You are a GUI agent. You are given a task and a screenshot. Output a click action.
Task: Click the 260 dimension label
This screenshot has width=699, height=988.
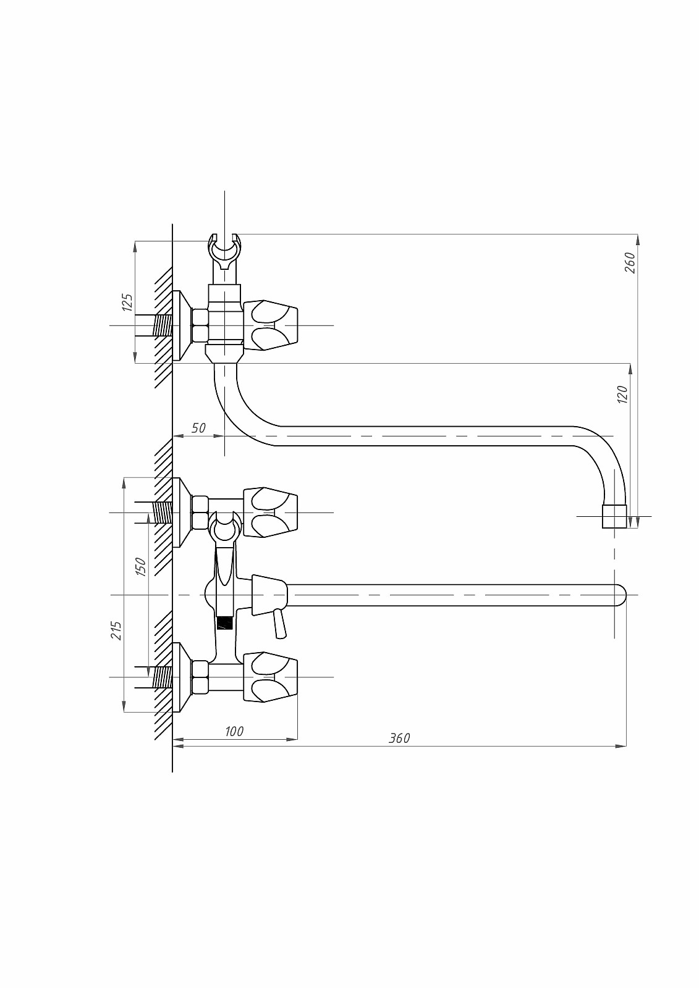[630, 262]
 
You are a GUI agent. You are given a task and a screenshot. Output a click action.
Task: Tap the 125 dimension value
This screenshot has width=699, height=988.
[127, 302]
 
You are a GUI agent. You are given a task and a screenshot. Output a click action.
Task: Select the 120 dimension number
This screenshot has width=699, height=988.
[622, 394]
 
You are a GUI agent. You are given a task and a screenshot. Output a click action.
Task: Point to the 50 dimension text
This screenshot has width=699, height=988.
[199, 428]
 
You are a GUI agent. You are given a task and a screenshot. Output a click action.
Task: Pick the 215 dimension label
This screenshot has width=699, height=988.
[116, 630]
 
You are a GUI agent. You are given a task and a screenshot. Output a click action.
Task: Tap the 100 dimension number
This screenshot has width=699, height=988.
[234, 731]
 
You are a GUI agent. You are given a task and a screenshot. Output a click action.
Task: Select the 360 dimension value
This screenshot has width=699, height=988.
[399, 738]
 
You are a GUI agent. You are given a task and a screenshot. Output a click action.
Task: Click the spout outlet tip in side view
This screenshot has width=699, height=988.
[614, 516]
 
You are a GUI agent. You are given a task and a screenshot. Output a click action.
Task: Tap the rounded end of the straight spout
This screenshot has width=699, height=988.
[621, 595]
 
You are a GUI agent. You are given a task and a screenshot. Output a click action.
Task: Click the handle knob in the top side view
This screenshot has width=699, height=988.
[270, 325]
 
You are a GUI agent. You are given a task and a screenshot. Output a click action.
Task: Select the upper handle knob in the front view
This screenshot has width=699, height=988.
[270, 513]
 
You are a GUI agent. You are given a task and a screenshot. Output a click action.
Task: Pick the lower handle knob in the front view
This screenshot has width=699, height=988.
[270, 677]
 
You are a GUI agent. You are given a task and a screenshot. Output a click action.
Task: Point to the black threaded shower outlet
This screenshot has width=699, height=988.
[225, 623]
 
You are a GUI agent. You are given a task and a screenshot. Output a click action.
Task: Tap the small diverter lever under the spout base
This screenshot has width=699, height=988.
[279, 623]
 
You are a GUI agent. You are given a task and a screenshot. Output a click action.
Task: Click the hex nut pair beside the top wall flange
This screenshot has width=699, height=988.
[200, 325]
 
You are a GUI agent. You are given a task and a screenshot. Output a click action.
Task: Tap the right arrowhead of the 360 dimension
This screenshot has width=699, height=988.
[621, 747]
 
